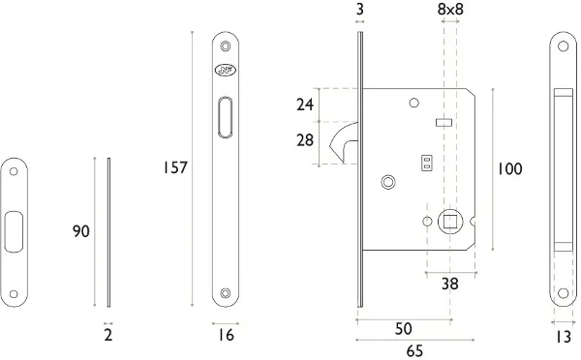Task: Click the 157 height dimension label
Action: [175, 167]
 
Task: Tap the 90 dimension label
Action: [80, 231]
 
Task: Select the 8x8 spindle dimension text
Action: [450, 10]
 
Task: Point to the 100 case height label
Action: [509, 169]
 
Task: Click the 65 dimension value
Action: [414, 350]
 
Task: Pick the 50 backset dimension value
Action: [404, 328]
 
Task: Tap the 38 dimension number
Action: [450, 285]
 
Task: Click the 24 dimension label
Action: [305, 105]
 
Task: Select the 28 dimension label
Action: [305, 140]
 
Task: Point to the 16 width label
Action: [226, 335]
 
